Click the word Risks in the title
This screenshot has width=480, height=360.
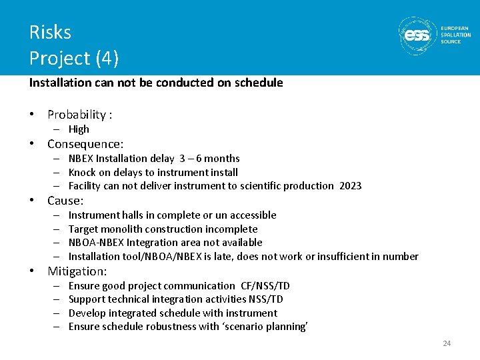50,32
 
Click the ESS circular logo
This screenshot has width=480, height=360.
418,35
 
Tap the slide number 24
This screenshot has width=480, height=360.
447,343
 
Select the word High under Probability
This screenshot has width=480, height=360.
79,129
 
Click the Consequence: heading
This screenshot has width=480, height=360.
85,144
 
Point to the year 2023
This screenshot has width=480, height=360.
350,186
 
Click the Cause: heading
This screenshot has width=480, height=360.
65,201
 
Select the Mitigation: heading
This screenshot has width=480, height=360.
77,271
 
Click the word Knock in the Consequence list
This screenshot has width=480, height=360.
82,172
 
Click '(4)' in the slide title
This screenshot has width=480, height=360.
107,59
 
